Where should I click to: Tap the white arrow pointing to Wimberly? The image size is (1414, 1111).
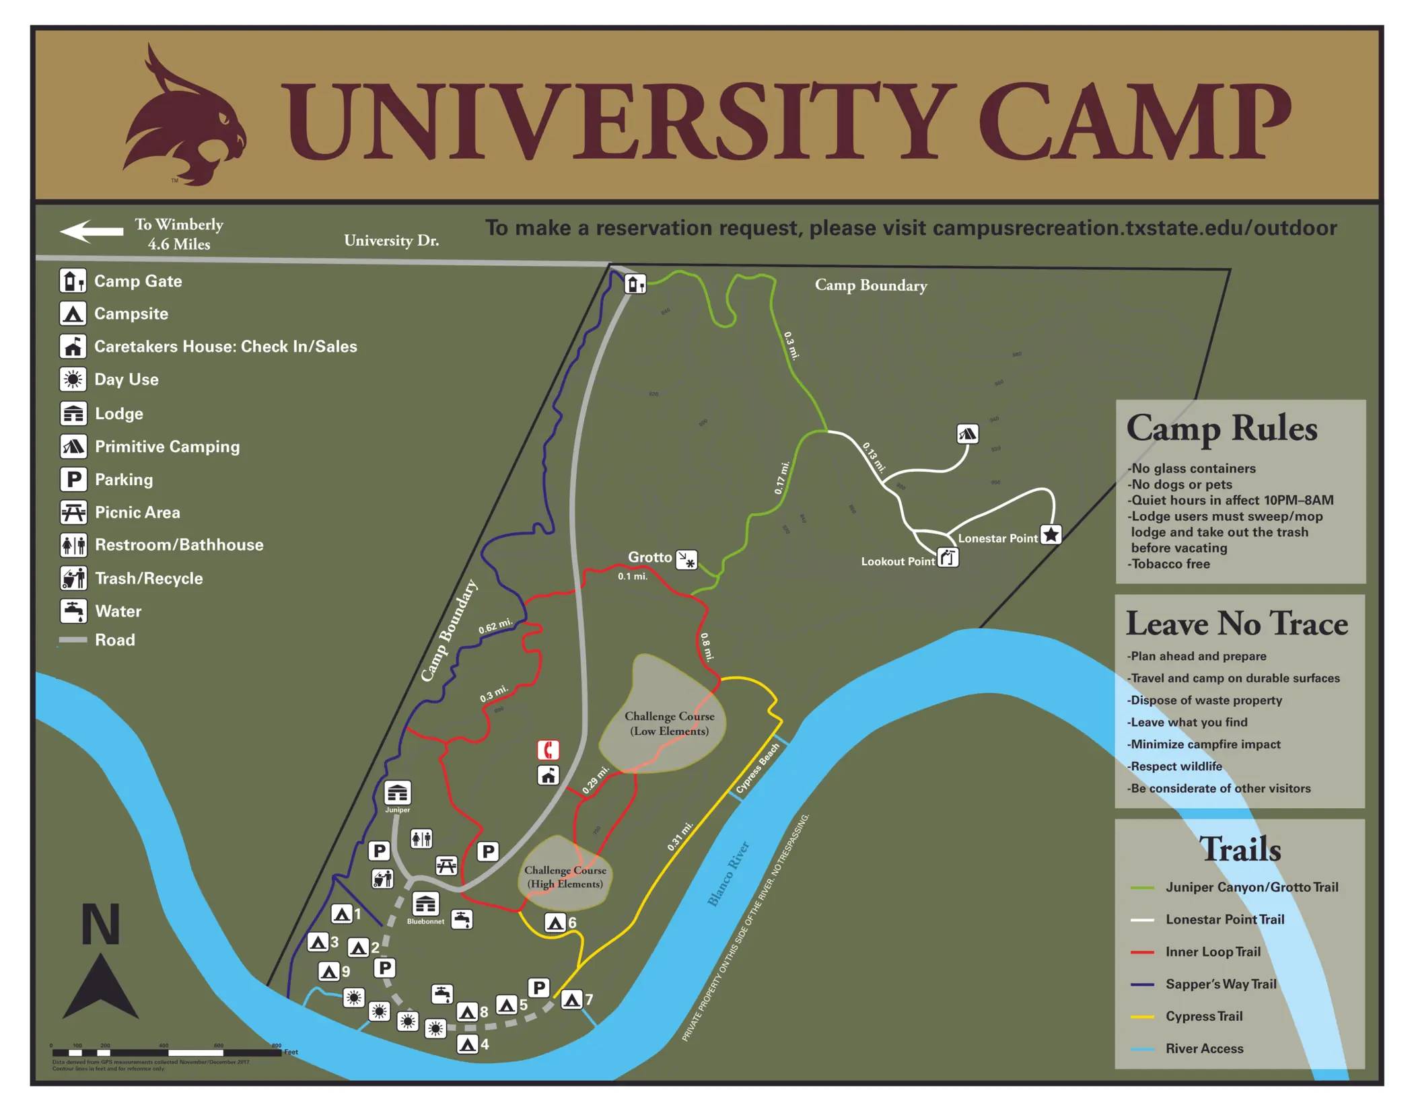92,231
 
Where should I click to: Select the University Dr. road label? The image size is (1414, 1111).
391,240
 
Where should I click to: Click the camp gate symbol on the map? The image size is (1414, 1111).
635,284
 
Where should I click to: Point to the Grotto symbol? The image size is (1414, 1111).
686,559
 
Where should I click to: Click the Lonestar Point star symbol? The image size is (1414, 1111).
1051,535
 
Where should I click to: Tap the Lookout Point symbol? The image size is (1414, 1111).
948,558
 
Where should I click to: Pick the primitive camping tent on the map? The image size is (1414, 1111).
967,433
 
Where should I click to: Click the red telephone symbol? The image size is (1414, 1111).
548,749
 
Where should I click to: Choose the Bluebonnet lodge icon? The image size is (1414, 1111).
425,904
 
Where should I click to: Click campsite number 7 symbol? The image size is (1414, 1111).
571,1000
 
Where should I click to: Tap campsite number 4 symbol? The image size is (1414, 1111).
467,1044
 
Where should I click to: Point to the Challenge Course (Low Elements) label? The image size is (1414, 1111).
669,723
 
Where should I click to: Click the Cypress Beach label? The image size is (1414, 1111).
757,768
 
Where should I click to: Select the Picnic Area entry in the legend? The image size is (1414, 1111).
137,512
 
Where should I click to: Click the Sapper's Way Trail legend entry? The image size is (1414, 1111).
1220,984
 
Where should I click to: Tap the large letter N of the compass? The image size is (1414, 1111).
100,925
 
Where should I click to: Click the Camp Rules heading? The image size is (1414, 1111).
1221,429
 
